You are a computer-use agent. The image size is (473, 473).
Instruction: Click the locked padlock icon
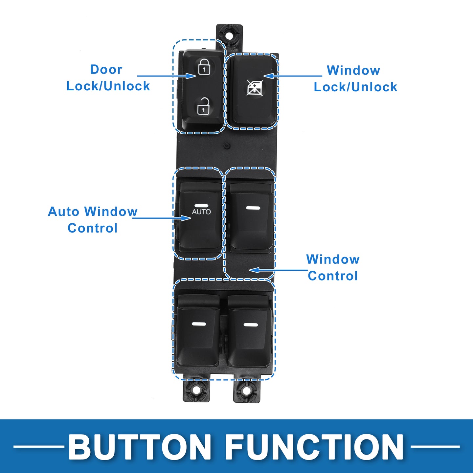click(x=204, y=67)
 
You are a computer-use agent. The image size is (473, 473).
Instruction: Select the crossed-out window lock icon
click(x=255, y=88)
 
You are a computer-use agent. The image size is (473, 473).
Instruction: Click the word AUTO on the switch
click(x=201, y=212)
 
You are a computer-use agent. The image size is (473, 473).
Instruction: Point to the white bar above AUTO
click(x=201, y=206)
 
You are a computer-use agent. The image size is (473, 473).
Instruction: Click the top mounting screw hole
click(x=229, y=35)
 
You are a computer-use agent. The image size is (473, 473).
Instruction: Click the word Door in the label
click(x=106, y=69)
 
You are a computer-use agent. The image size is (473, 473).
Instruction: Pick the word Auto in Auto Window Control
click(x=64, y=212)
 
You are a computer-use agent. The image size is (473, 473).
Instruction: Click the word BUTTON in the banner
click(x=140, y=447)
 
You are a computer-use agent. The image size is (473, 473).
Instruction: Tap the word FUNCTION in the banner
click(x=314, y=447)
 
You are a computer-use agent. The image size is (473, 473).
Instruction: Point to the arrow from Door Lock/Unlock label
click(x=167, y=76)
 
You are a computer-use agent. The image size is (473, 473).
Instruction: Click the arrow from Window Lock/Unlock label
click(x=293, y=76)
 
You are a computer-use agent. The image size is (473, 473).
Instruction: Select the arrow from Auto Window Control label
click(x=162, y=218)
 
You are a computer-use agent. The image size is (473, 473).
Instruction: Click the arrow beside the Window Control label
click(x=278, y=270)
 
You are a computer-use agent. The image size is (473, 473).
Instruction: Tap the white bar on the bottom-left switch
click(x=199, y=324)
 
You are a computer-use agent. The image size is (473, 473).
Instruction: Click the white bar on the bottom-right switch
click(x=251, y=325)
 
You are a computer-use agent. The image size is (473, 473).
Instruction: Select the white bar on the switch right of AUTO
click(x=253, y=208)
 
